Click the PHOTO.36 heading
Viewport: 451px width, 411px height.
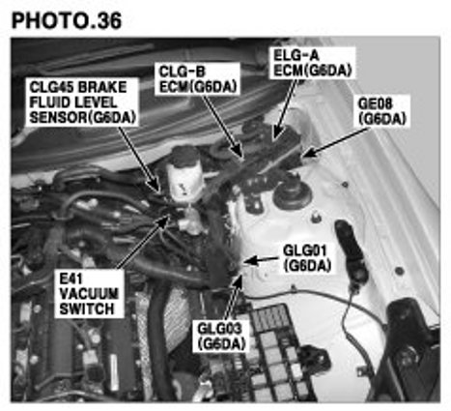(67, 21)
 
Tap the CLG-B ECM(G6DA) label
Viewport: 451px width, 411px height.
(198, 79)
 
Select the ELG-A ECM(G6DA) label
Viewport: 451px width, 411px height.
(312, 63)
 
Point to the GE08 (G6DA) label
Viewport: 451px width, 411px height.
(382, 111)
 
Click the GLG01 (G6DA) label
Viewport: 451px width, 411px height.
(307, 258)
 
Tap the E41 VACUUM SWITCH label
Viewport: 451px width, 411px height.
(89, 294)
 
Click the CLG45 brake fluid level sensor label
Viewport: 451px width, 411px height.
(82, 103)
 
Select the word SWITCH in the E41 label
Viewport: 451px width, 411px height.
(87, 309)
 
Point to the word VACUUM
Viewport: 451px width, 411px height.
(89, 294)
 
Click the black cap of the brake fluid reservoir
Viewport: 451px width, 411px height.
(183, 157)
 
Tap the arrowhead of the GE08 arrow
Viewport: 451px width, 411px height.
(308, 154)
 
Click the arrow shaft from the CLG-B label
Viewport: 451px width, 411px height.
(223, 126)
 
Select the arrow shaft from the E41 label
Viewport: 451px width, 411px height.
(142, 243)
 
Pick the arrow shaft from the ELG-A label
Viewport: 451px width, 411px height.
(285, 108)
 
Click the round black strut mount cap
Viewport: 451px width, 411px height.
(293, 191)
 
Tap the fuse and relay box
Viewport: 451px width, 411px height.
(277, 351)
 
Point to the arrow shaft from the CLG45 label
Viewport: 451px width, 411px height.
(139, 159)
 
